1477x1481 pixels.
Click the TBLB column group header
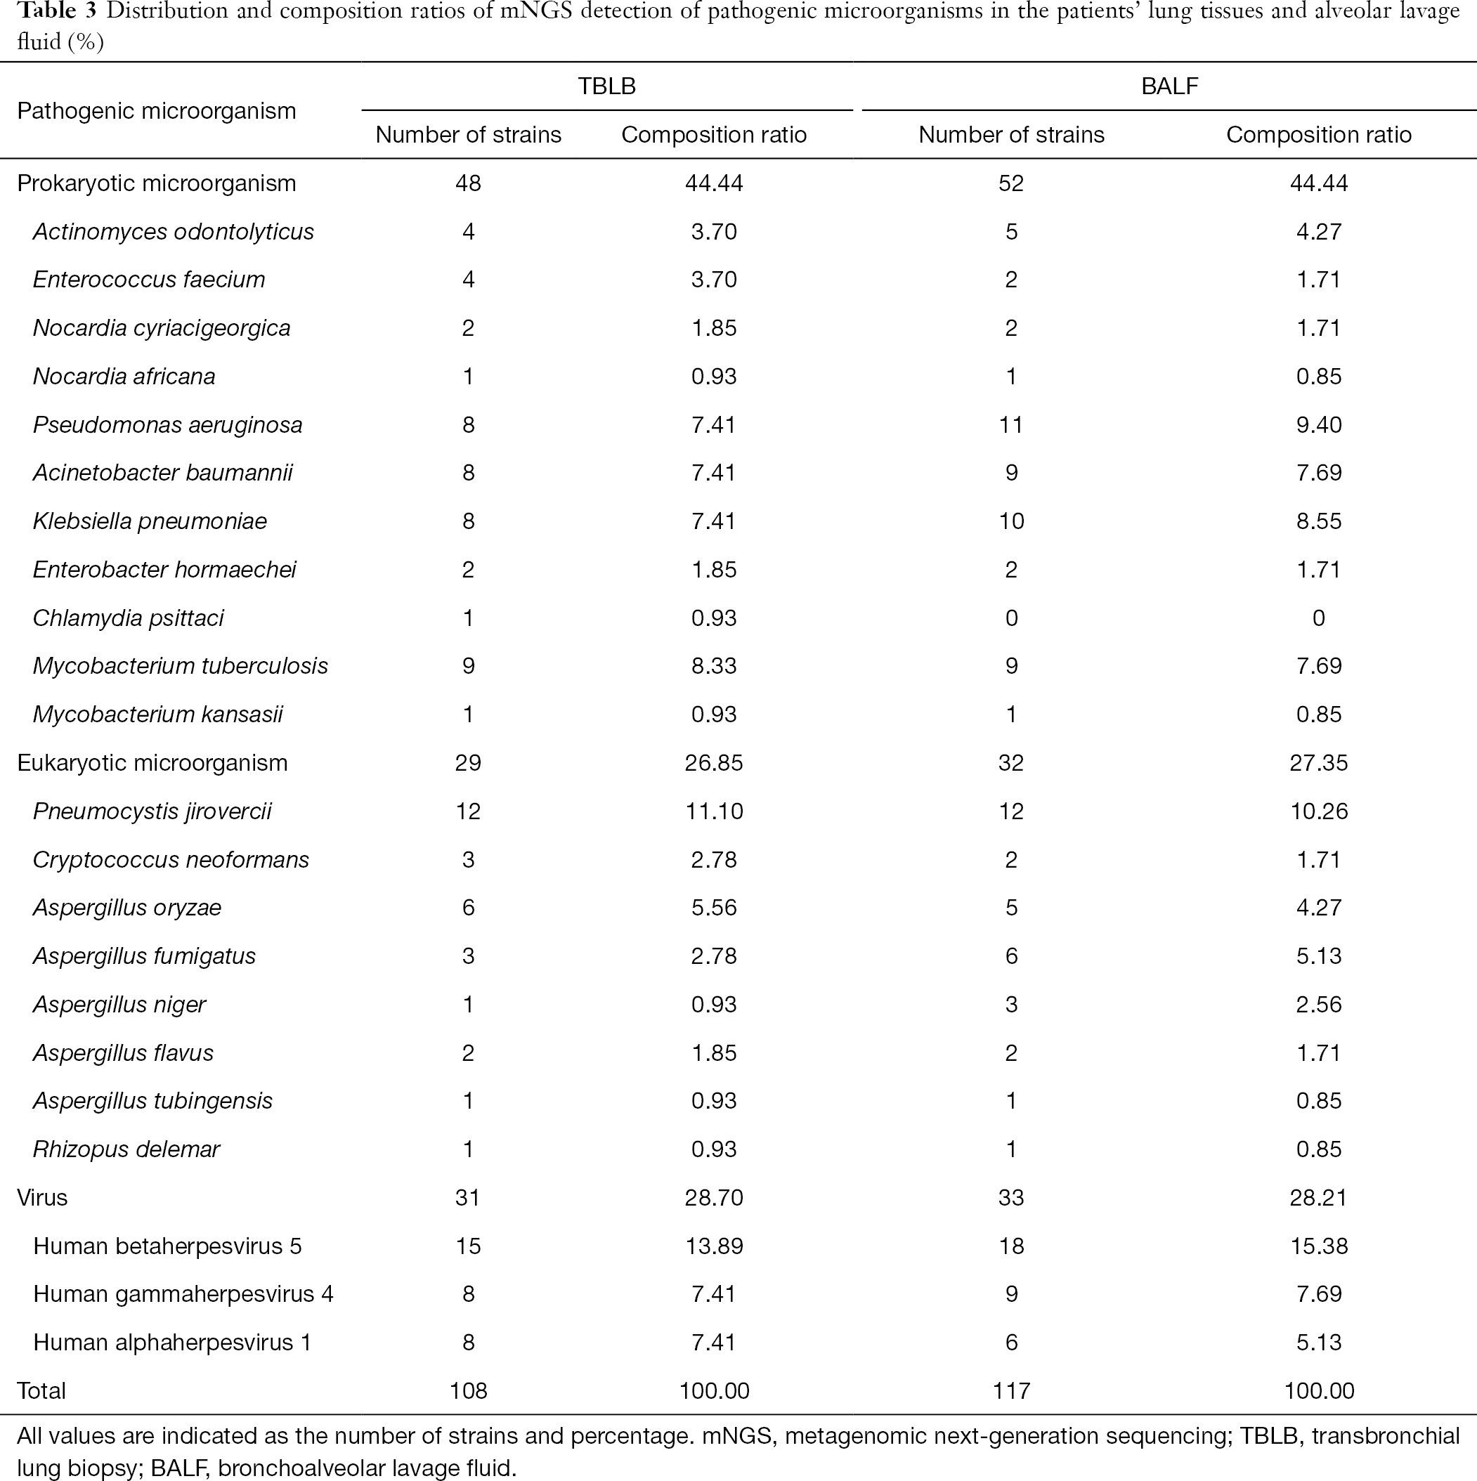pos(606,86)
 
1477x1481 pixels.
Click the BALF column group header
pos(1169,86)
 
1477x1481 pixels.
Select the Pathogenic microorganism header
pos(157,111)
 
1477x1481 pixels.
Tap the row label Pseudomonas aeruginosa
pos(168,424)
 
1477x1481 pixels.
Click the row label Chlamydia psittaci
pos(128,618)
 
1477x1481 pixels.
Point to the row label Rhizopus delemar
pos(126,1149)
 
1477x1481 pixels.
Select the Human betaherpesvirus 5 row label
pos(168,1246)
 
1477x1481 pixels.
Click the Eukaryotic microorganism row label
pos(152,763)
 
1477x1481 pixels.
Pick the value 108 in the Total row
pos(468,1390)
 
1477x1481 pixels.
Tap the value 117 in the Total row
pos(1011,1390)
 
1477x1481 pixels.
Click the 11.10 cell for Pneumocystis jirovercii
pos(714,811)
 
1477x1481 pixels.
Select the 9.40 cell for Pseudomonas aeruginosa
pos(1318,424)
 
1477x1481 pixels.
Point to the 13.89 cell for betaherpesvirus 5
pos(714,1246)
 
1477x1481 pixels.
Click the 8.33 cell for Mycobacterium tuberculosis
pos(714,665)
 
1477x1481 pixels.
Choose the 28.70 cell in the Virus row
pos(714,1197)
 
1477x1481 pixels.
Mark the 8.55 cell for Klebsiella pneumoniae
pos(1318,521)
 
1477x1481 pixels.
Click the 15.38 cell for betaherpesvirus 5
pos(1318,1246)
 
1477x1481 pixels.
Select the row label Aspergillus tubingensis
pos(152,1101)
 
